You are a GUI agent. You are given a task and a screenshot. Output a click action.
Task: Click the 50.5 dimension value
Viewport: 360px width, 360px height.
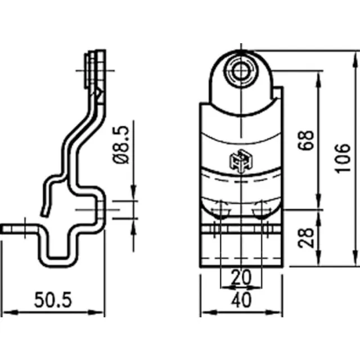53,300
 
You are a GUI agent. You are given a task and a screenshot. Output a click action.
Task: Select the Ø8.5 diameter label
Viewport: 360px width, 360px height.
121,145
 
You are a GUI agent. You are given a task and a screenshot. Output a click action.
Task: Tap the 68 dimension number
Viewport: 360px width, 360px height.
305,140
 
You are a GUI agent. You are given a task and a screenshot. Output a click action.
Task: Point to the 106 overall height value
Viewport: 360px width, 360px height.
343,159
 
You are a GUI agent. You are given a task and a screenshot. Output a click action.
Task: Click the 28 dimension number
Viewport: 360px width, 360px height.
305,238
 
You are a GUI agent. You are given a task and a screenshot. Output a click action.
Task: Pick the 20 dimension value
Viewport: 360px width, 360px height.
241,277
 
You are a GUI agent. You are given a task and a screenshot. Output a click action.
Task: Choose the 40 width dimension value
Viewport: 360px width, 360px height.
241,300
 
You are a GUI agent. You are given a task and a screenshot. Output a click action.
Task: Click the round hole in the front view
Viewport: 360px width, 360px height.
241,71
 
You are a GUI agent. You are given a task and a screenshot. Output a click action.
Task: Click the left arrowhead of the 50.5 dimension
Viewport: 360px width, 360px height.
10,312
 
